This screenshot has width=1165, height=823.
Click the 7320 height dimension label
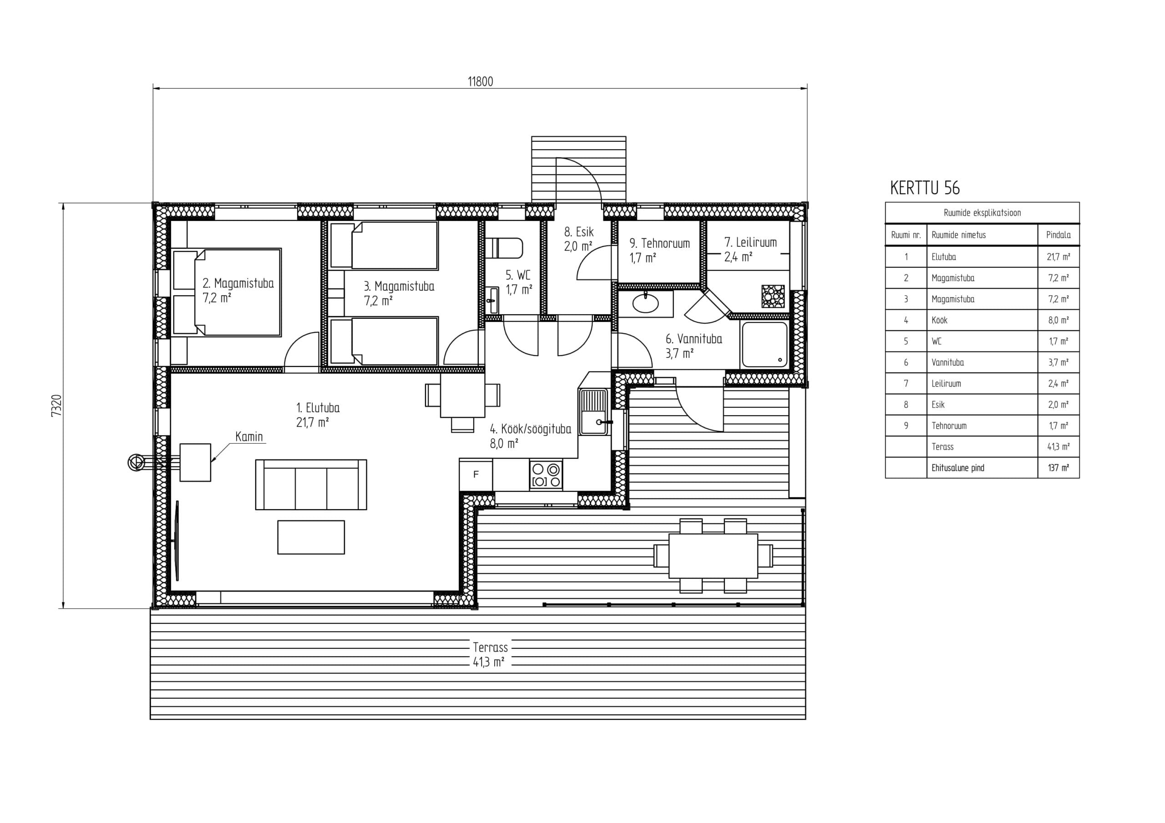click(x=56, y=406)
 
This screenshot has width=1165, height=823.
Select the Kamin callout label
click(x=249, y=437)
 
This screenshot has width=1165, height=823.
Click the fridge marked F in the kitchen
click(x=476, y=475)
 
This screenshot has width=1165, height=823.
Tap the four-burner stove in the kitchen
click(x=546, y=475)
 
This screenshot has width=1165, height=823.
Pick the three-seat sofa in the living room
click(x=311, y=484)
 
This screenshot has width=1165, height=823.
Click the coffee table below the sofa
click(x=311, y=537)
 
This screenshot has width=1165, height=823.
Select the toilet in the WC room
click(x=504, y=248)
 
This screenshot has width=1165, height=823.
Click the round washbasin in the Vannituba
click(x=645, y=303)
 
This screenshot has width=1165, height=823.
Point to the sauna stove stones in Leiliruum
click(x=773, y=296)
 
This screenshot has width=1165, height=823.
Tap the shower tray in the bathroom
click(x=765, y=344)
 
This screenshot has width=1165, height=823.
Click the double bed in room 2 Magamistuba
click(x=227, y=292)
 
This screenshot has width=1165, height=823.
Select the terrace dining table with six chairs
click(x=713, y=556)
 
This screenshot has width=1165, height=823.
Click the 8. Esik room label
click(x=578, y=232)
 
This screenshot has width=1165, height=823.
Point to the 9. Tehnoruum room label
click(x=659, y=243)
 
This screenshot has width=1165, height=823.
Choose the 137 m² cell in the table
click(x=1059, y=467)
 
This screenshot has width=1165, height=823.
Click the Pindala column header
click(x=1059, y=235)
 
